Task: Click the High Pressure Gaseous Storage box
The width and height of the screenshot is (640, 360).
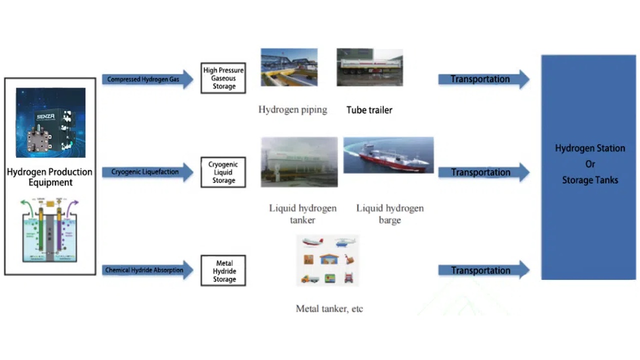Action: click(223, 78)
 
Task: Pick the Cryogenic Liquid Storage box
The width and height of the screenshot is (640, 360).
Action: click(223, 172)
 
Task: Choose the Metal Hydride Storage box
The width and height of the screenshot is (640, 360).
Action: click(223, 271)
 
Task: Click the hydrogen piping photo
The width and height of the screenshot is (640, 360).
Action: click(289, 67)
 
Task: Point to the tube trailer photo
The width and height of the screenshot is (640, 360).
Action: click(369, 67)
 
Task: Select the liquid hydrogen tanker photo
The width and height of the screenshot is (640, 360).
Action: click(299, 162)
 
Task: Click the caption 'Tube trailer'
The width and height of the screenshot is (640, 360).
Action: click(369, 110)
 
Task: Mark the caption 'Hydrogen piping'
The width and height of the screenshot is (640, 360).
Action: click(292, 109)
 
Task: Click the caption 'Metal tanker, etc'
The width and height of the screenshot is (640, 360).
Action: click(329, 308)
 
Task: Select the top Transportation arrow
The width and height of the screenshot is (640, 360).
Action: click(483, 79)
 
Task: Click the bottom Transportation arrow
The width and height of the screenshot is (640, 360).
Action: click(483, 270)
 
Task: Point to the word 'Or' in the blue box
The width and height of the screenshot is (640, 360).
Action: click(590, 164)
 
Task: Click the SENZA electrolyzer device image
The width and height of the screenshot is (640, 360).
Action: click(50, 122)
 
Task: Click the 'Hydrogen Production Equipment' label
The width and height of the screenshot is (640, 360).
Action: click(49, 177)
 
